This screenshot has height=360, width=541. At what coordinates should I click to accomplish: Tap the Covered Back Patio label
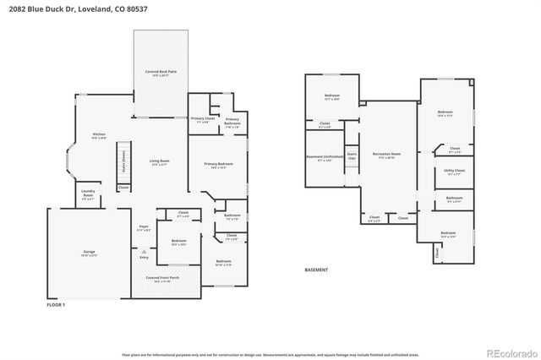click(x=161, y=74)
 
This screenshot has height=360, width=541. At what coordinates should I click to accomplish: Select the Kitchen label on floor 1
click(x=99, y=135)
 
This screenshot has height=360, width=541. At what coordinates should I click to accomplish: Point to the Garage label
click(x=89, y=253)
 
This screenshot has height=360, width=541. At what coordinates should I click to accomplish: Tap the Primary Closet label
click(x=203, y=120)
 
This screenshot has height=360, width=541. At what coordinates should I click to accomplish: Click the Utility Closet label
click(x=454, y=172)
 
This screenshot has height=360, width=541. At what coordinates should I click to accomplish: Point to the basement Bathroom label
click(x=454, y=199)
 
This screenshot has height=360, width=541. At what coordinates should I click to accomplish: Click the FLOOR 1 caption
click(x=56, y=304)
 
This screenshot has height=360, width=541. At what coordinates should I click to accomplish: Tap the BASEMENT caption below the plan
click(x=316, y=270)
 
